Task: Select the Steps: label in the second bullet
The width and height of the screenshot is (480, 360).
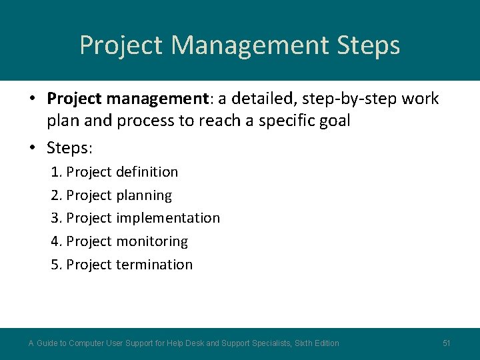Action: click(x=70, y=146)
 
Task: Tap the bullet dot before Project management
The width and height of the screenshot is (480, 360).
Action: click(x=32, y=99)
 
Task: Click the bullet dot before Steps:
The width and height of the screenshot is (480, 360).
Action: click(x=32, y=147)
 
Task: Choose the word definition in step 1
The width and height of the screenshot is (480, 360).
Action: click(x=147, y=172)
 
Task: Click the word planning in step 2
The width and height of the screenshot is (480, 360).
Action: click(x=143, y=195)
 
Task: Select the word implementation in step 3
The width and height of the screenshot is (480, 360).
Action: click(x=167, y=218)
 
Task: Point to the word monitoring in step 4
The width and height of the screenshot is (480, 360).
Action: click(x=151, y=241)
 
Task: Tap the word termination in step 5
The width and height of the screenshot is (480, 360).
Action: click(x=154, y=265)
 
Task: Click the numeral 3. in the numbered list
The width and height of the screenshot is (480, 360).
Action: click(x=57, y=218)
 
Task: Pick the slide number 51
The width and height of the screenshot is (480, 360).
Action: click(x=447, y=343)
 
